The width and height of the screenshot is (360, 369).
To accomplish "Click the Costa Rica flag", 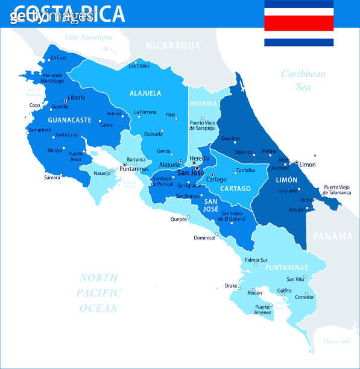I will coord(298,23).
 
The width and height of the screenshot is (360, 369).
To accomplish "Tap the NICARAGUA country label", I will coord(173,45).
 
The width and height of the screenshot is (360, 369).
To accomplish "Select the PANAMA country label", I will coord(332,236).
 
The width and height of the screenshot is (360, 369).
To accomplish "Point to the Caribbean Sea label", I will coord(303,80).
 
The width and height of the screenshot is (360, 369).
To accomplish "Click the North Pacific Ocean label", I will coord(98,293).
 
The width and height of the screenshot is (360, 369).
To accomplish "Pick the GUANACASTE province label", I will coord(69,120).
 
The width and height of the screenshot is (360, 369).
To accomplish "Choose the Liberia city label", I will coord(76,98).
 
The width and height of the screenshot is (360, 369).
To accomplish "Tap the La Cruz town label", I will coord(58,58).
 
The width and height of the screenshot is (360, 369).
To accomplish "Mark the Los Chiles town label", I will coord(139,66).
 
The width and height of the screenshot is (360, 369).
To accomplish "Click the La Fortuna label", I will coord(145,112).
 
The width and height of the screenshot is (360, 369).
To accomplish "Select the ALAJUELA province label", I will coord(145,93).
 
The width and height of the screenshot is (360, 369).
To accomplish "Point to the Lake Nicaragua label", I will coord(88,37).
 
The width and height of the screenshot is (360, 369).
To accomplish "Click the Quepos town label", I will coord(178,219).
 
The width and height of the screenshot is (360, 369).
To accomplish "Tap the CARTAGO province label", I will coord(235,189).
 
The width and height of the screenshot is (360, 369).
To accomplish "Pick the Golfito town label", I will coord(284,291).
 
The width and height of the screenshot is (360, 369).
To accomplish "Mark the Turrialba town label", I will coord(245,171).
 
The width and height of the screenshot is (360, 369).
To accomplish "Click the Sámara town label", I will coord(52,177).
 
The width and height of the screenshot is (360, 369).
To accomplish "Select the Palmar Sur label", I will coord(256,260).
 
